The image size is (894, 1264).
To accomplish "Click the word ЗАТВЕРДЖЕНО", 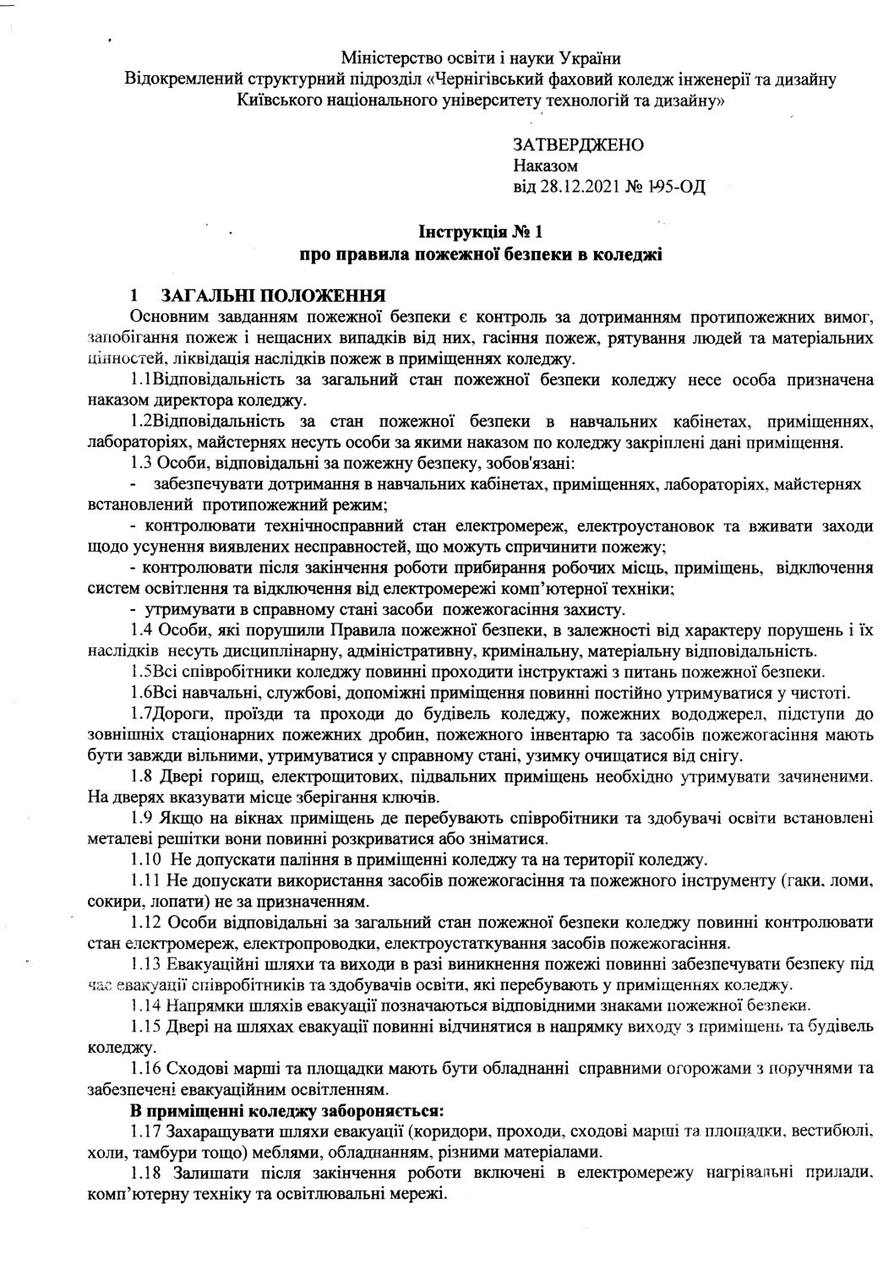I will [578, 144].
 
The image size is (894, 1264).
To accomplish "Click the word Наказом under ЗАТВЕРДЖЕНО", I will [545, 166].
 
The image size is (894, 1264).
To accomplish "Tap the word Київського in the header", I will [279, 101].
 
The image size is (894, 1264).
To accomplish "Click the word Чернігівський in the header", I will [490, 79].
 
